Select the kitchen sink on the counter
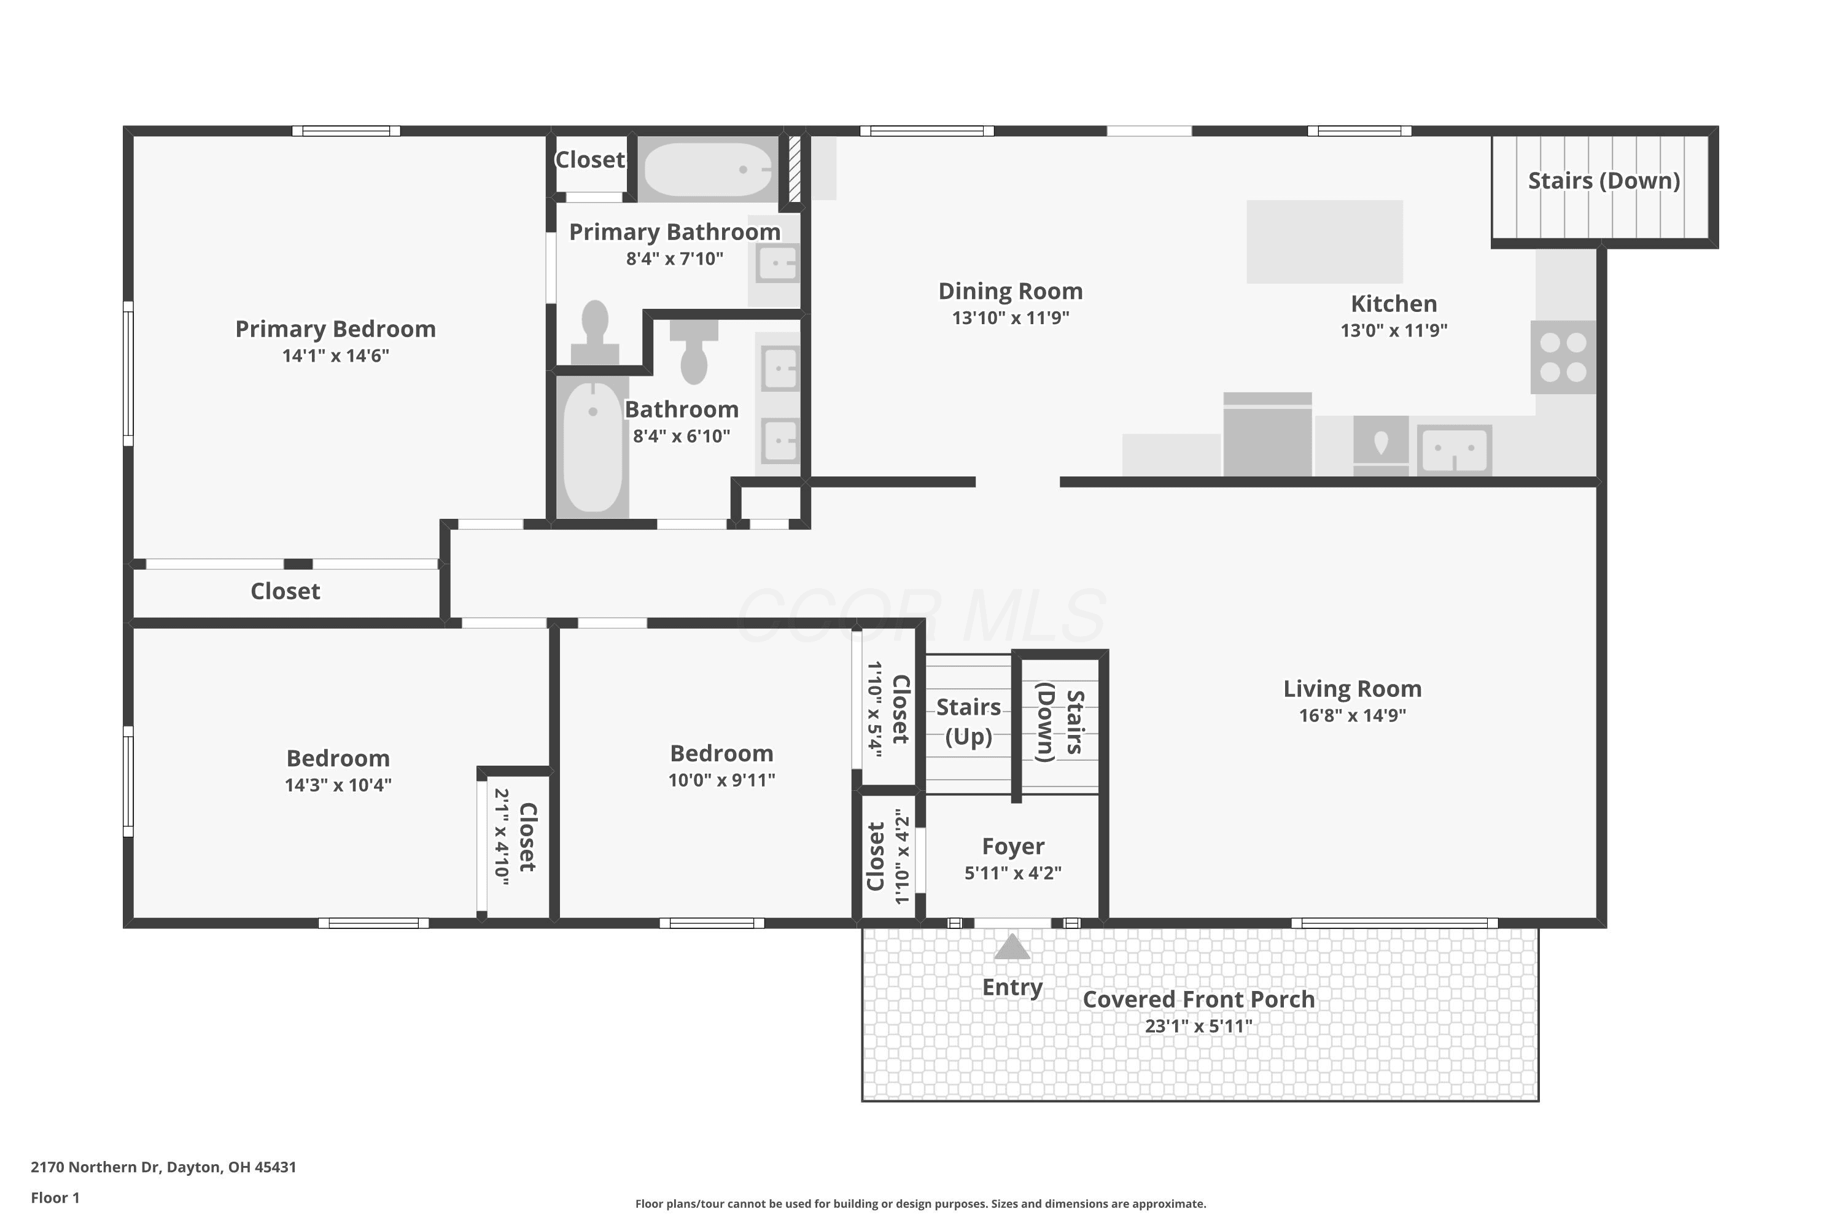[1455, 450]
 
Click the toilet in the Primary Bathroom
[595, 332]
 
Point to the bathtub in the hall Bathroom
[593, 447]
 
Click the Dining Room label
[1010, 291]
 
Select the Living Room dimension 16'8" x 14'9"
[1353, 715]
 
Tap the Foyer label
[1012, 846]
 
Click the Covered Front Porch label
[1199, 1000]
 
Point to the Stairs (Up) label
[969, 722]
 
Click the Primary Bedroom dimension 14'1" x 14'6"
[336, 356]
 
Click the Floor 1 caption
[55, 1197]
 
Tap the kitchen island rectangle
[1324, 242]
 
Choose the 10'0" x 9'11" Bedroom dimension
[721, 780]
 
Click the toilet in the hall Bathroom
[694, 352]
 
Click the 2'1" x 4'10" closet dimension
[501, 836]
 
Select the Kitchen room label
[1393, 304]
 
